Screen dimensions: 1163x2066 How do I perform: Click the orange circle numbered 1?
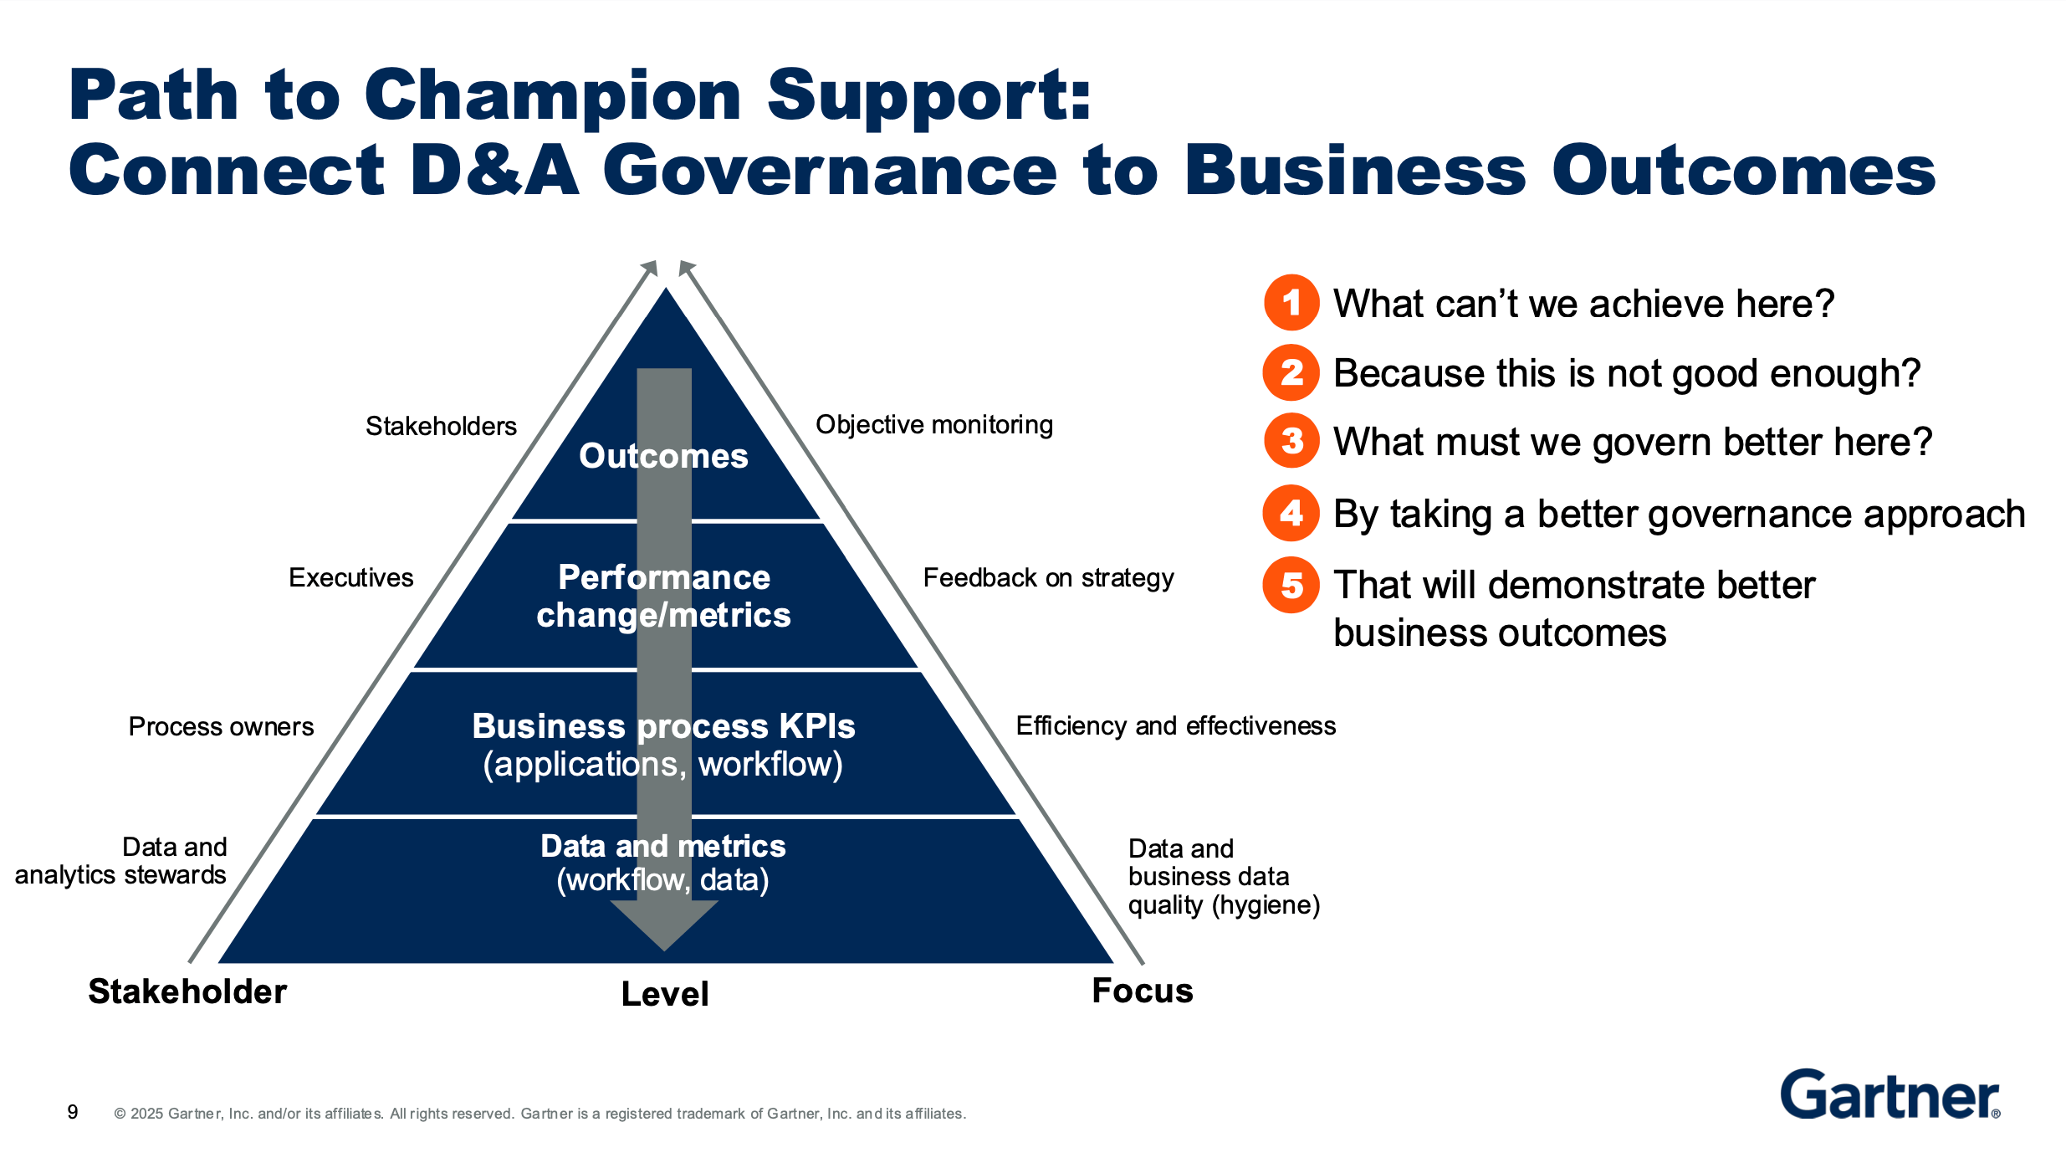click(x=1291, y=302)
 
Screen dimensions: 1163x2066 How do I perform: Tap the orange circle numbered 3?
click(x=1291, y=441)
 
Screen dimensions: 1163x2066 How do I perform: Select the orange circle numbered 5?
click(x=1291, y=585)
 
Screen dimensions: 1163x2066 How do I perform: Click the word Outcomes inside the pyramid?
click(x=663, y=456)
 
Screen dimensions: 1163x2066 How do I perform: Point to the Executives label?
click(x=350, y=577)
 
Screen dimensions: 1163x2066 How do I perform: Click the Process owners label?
click(x=221, y=726)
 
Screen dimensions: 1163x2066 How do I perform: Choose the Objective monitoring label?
click(x=933, y=425)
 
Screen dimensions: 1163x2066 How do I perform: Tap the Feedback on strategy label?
click(x=1048, y=578)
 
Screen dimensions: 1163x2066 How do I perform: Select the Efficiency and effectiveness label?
click(x=1175, y=725)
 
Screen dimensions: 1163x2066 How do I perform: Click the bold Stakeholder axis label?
click(x=187, y=991)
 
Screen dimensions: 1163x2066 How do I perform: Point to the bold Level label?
click(x=665, y=994)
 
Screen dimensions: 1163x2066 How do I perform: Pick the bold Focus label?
click(x=1143, y=991)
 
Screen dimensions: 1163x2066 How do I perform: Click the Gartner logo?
click(x=1890, y=1094)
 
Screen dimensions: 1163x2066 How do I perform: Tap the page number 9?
click(x=73, y=1112)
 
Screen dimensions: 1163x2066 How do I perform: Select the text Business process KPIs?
click(x=663, y=726)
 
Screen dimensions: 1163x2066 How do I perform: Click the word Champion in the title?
click(x=553, y=95)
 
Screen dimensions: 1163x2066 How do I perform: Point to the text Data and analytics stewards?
click(x=121, y=861)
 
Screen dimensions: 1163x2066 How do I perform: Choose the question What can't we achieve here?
click(x=1583, y=303)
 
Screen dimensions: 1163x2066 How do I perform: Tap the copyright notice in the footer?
click(x=540, y=1114)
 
